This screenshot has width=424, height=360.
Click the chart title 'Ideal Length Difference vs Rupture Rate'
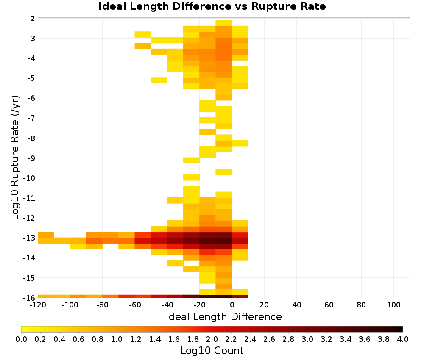click(212, 6)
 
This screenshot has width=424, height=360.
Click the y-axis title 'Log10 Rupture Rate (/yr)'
click(15, 158)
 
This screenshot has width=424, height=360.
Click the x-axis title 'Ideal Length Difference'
click(223, 316)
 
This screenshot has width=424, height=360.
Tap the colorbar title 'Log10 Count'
click(212, 351)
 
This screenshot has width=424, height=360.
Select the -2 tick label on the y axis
click(31, 19)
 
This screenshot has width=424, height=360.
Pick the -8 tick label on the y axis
click(31, 138)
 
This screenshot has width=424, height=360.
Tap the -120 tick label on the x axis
click(38, 305)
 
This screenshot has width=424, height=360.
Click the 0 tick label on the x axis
click(232, 305)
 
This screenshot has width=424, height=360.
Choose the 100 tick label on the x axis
click(394, 305)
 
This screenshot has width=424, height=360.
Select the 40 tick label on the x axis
click(297, 305)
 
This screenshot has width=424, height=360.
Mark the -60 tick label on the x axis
click(135, 305)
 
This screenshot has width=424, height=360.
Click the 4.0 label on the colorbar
click(403, 339)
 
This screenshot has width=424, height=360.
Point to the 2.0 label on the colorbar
click(212, 339)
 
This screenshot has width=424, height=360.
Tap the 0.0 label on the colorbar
click(21, 339)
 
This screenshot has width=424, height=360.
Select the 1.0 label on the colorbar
click(117, 339)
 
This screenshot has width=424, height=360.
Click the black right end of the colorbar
click(402, 329)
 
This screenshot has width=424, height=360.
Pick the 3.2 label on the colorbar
click(326, 339)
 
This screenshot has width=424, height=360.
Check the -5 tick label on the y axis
click(31, 78)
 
